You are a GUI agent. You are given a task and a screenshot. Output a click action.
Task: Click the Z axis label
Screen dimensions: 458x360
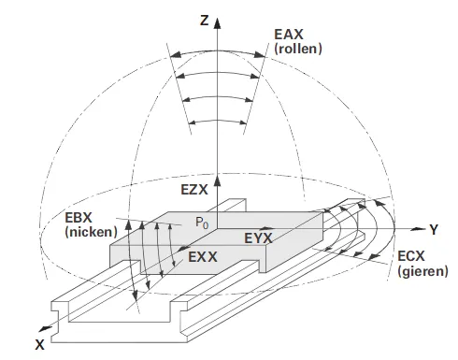pos(205,21)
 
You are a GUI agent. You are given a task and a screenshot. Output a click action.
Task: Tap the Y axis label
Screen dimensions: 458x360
pos(434,230)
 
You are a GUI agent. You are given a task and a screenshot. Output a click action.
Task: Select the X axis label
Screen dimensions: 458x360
pos(39,345)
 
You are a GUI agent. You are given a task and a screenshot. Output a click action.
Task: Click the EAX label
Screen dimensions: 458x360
pos(289,35)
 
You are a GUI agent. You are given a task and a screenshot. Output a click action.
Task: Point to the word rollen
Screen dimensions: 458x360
pos(298,49)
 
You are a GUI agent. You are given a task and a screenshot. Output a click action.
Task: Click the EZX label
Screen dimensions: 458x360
pos(194,190)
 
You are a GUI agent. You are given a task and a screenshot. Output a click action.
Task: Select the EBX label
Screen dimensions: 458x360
pos(79,218)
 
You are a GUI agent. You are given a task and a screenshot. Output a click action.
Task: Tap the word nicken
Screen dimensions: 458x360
pos(91,232)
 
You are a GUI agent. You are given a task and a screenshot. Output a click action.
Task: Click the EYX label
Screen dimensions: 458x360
pos(258,238)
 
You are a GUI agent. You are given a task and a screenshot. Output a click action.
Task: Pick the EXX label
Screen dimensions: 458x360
pos(203,257)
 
